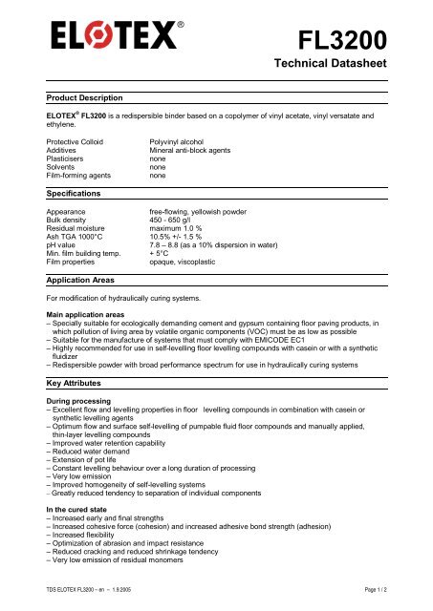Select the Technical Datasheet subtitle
pos(331,65)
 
